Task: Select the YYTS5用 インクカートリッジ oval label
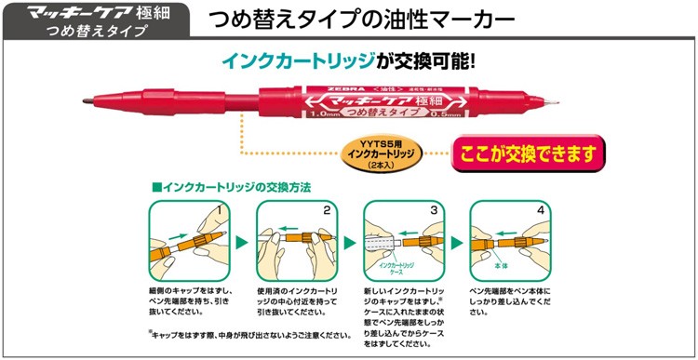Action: click(379, 153)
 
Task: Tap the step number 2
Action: click(327, 211)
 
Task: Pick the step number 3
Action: click(435, 211)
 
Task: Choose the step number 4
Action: click(542, 211)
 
